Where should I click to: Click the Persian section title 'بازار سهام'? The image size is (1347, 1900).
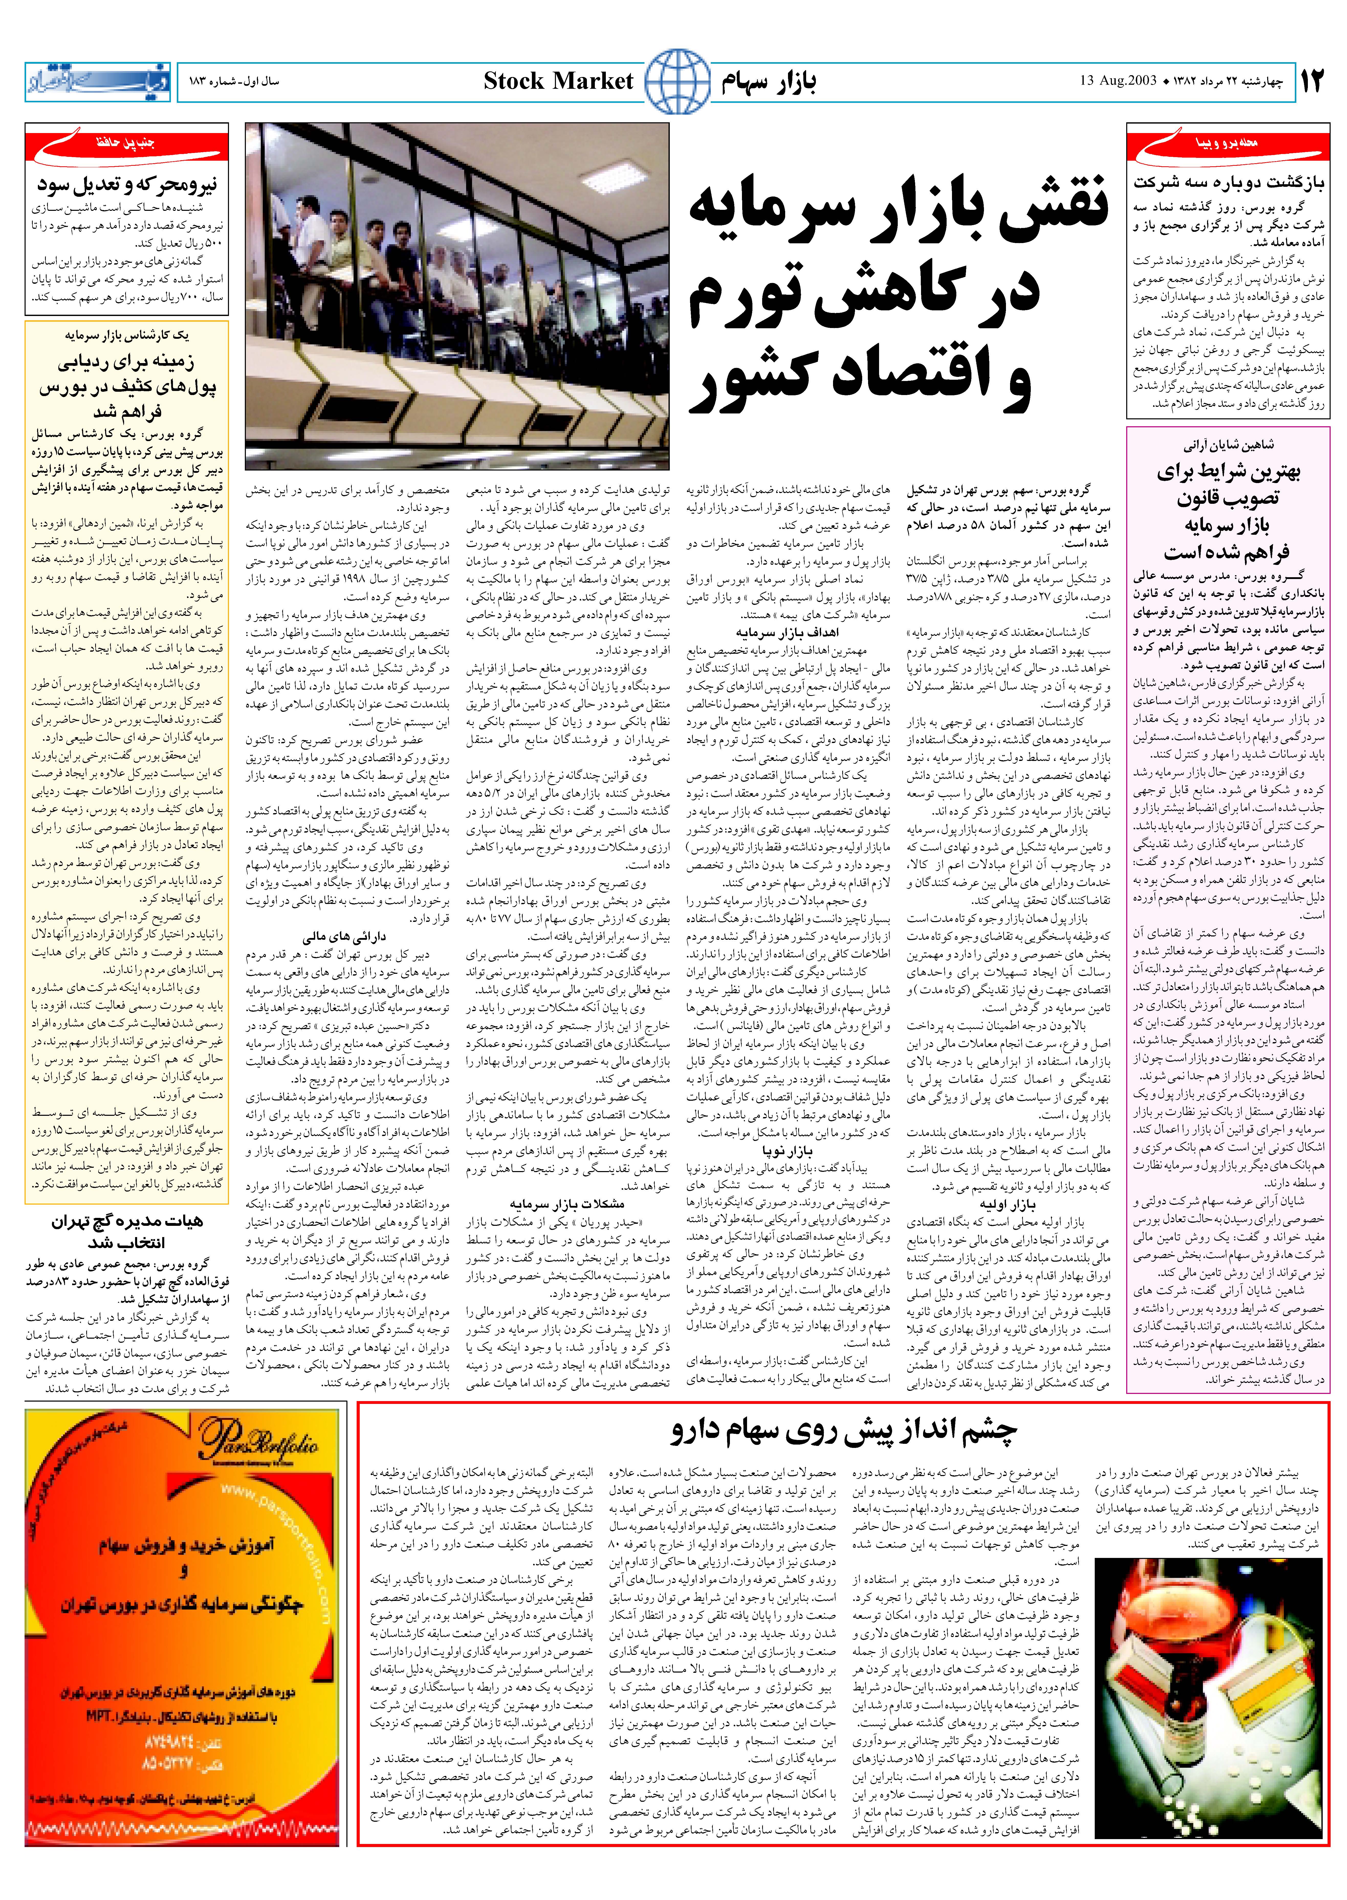(x=768, y=81)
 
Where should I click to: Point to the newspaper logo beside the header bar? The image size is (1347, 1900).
(x=97, y=81)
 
